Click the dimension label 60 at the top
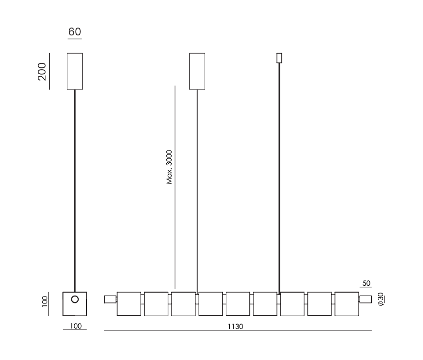[74, 31]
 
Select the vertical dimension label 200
[42, 71]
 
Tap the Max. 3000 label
[169, 167]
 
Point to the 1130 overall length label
[235, 327]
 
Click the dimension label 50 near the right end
[366, 283]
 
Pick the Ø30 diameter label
[381, 299]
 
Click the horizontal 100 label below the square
[76, 326]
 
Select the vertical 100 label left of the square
[45, 301]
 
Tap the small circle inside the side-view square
[75, 300]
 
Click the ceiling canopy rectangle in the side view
[75, 71]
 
